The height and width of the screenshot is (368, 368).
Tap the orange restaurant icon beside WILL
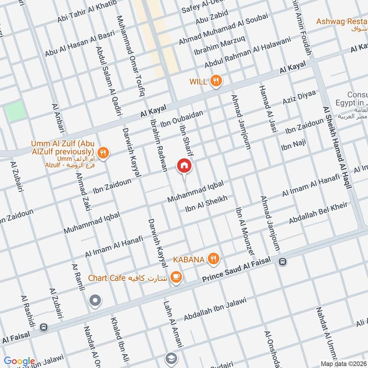point(216,82)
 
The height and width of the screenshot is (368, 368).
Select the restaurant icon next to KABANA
point(213,259)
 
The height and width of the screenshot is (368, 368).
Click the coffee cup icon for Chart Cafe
point(175,277)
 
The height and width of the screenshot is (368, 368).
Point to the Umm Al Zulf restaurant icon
point(103,152)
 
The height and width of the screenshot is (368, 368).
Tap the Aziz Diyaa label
point(299,98)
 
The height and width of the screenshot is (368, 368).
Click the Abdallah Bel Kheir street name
point(318,213)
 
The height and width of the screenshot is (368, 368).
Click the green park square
point(16,111)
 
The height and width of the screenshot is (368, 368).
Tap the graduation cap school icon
point(171,358)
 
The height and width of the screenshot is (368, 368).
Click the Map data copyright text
point(343,363)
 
